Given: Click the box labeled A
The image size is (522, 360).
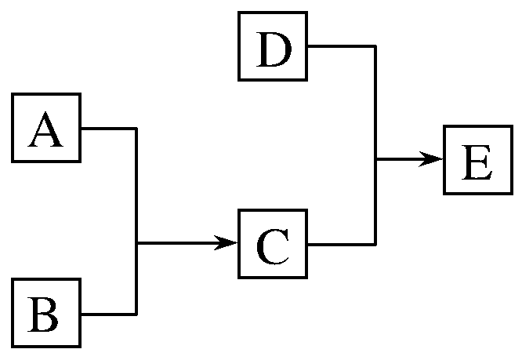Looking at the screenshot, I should (45, 128).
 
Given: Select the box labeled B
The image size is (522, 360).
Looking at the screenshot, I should (45, 313).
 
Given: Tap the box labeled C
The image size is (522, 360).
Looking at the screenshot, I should (273, 244).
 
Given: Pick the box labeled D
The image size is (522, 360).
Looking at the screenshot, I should (273, 46).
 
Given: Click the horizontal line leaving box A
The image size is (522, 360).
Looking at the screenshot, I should (109, 128).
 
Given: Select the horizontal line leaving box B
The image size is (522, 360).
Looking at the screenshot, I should (109, 314).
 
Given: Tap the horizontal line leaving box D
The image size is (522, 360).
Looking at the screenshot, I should (341, 46).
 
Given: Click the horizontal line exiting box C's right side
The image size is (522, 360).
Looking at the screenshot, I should (341, 244).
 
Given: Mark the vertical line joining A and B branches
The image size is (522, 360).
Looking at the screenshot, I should (137, 188).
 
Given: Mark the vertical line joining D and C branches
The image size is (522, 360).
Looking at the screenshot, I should (376, 102).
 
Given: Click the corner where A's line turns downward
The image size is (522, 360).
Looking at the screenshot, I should (137, 128).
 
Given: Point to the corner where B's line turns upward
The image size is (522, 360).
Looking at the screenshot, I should (137, 314).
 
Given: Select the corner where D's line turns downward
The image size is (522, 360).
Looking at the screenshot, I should (376, 46).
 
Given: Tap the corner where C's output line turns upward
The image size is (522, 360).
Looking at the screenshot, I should (376, 244).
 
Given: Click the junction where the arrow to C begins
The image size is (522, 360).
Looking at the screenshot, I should (137, 244).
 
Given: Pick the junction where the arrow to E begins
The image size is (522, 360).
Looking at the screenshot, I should (376, 159).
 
